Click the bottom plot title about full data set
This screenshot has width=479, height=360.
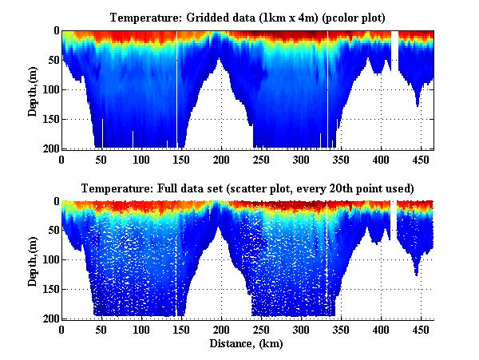click(247, 188)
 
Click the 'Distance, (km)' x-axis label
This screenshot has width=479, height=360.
click(247, 344)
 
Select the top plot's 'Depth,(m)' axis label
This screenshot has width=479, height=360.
click(33, 89)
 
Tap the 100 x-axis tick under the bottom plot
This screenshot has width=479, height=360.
click(141, 330)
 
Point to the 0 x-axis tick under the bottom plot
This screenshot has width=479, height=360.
click(61, 330)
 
